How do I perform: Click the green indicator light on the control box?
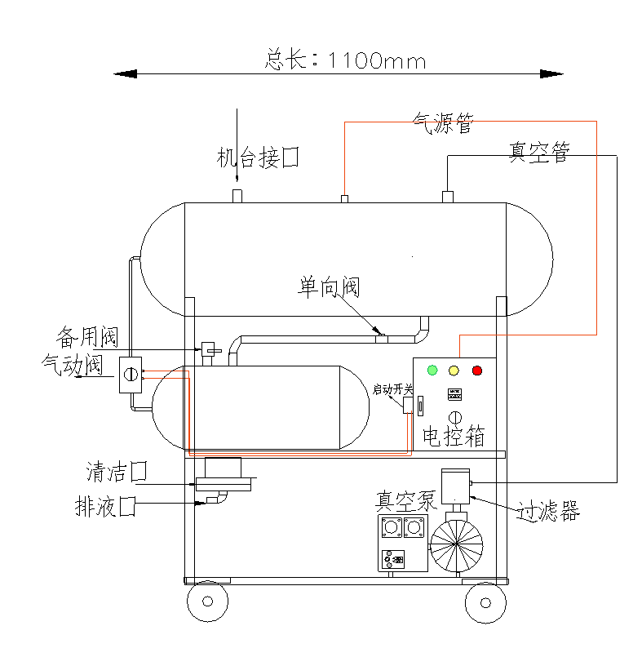coord(432,371)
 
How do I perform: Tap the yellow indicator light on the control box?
coord(454,371)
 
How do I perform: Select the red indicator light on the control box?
coord(477,371)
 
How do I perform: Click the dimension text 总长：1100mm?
coord(345,60)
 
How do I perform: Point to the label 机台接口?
coord(258,158)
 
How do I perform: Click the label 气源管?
coord(443,124)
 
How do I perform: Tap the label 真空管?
coord(539,153)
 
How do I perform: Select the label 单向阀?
coord(329,286)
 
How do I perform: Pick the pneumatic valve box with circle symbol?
coord(130,375)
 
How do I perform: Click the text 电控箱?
coord(454,437)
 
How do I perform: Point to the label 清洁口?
coord(117,471)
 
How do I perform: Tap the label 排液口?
coord(104,507)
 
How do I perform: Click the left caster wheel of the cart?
coord(208,602)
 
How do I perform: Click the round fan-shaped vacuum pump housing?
coord(456,544)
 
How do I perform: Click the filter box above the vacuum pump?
coord(454,486)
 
